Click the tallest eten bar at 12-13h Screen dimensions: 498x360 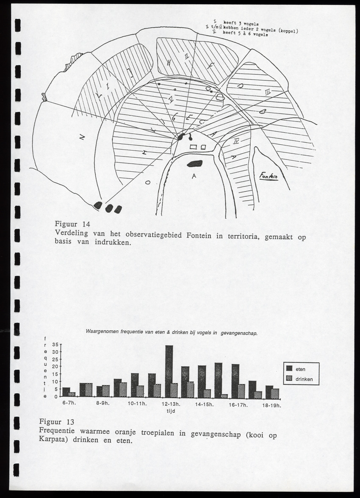[x=169, y=371]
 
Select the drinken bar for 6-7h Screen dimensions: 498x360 [x=72, y=394]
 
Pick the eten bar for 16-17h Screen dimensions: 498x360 [x=235, y=380]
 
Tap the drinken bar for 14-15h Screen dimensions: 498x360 [x=207, y=393]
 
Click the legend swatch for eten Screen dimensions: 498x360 [x=290, y=369]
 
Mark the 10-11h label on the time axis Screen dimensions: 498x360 [x=137, y=404]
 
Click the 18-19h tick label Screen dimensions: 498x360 [x=271, y=405]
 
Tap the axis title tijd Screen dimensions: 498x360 [x=170, y=410]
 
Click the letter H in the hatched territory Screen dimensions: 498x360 [x=169, y=63]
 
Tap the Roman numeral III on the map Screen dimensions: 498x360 [x=268, y=91]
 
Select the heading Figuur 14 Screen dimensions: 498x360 [x=72, y=224]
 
